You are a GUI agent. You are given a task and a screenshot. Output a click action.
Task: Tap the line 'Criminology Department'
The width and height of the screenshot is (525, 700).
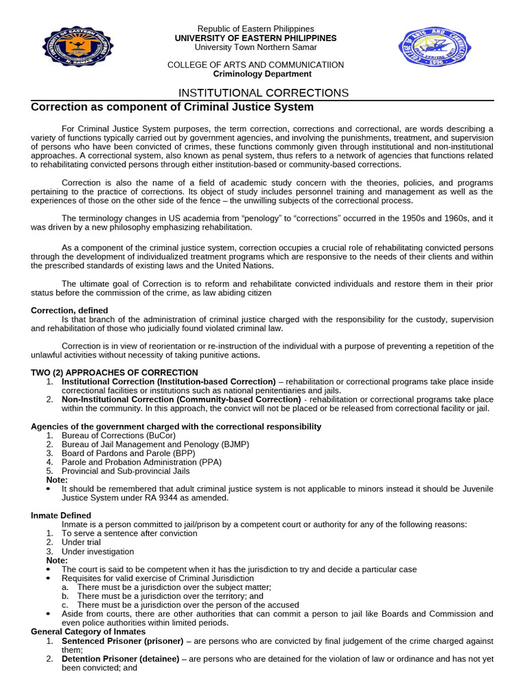click(262, 74)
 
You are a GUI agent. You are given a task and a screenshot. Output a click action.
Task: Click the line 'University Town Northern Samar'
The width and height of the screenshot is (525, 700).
click(256, 47)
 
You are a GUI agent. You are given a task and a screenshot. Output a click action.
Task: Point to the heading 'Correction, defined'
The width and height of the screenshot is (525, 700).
click(70, 310)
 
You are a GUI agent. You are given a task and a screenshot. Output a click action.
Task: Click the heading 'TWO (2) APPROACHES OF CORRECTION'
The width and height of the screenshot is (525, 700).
click(114, 373)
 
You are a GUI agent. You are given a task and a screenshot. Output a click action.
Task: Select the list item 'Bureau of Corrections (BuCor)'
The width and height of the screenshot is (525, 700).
click(113, 435)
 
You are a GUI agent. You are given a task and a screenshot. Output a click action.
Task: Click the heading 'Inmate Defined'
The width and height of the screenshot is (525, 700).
click(61, 515)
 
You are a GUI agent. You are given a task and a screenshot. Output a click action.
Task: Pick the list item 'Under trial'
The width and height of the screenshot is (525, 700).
click(81, 542)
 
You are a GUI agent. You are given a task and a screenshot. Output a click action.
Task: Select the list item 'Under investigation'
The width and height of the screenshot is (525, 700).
click(98, 552)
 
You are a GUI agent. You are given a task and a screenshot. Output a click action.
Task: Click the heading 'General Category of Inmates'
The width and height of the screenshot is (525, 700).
click(88, 632)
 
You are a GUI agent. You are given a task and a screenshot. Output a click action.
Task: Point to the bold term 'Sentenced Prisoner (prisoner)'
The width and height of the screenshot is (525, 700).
click(122, 641)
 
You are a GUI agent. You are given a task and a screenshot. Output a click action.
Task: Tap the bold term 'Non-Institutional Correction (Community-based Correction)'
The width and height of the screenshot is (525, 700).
click(181, 399)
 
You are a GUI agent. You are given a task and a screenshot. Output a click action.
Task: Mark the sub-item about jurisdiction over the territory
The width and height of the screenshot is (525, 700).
click(170, 596)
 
